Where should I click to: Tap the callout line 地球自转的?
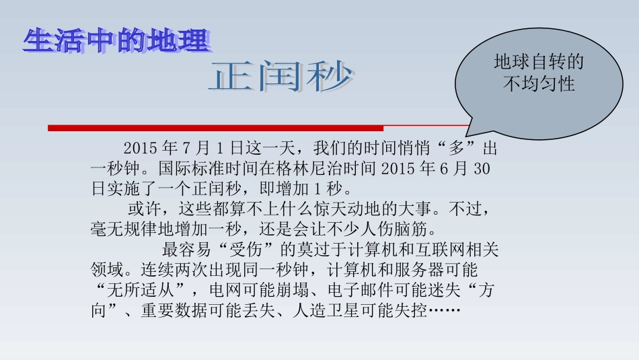(x=539, y=63)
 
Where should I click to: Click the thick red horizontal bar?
(x=215, y=128)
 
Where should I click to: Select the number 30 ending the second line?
(x=482, y=169)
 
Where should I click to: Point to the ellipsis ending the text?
(x=444, y=312)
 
